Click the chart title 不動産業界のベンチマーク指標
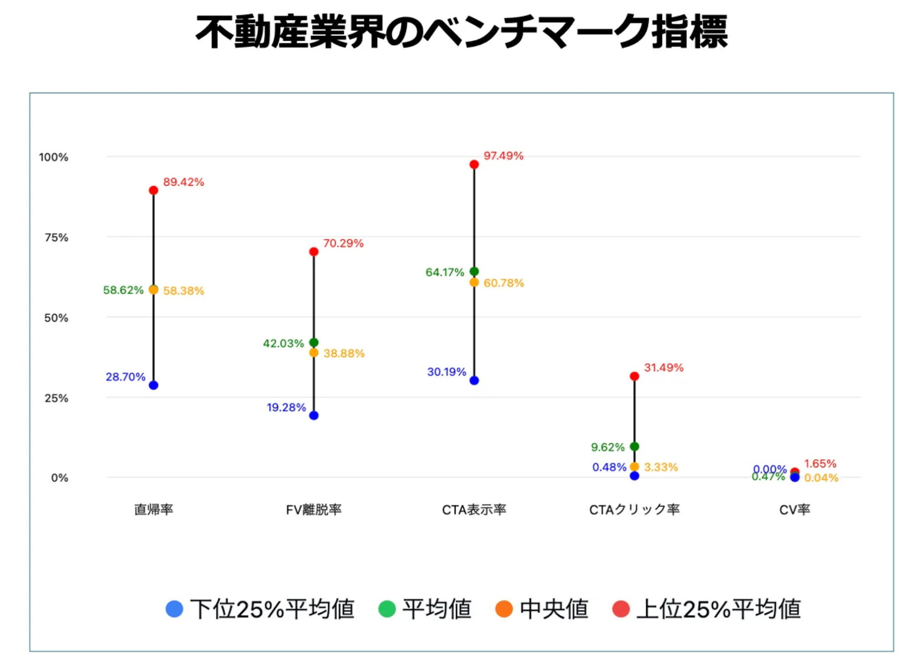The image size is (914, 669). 461,32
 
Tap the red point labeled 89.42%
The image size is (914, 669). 154,190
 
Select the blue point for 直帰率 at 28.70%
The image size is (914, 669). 154,385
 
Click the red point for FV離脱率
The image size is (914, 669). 313,252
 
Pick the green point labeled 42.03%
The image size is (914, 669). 313,342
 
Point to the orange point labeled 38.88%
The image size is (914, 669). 313,353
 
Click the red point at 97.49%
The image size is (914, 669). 474,164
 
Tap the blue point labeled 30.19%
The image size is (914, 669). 474,380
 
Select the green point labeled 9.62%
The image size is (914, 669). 634,446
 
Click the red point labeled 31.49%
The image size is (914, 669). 634,376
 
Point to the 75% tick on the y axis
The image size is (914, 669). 56,237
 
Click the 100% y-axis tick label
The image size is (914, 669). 54,157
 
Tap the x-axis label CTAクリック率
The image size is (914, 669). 634,510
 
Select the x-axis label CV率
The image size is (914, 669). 795,510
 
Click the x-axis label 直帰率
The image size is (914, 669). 154,510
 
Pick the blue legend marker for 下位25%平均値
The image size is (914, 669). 174,609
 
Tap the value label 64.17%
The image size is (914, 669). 445,272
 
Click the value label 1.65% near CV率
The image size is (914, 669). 820,464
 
